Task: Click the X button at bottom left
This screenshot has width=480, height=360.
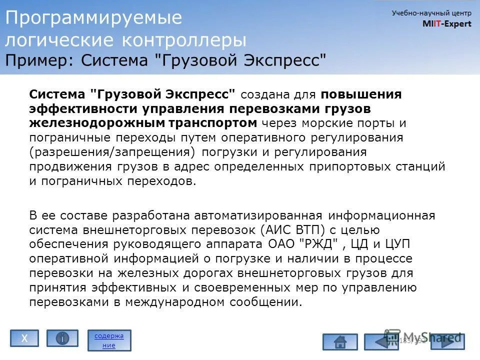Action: tap(24, 338)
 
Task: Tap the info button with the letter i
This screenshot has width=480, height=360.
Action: tap(62, 338)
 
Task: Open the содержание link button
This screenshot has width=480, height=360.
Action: tap(109, 340)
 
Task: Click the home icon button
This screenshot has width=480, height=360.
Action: tap(340, 342)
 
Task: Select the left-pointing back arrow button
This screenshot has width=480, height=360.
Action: tap(381, 342)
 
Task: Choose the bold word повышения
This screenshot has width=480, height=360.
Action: tap(361, 94)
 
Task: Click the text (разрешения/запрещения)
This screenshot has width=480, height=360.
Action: tap(111, 152)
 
